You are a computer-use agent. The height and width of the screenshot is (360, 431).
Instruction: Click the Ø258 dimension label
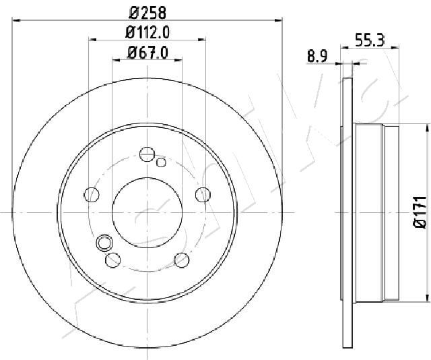147,13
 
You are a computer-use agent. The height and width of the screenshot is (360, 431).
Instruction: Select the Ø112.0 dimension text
147,32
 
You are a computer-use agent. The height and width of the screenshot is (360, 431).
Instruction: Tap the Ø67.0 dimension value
147,53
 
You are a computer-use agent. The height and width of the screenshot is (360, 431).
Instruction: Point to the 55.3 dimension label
370,40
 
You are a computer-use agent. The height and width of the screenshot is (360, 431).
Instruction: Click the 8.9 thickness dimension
317,57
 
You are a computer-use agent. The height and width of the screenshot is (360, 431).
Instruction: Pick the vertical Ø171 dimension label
420,212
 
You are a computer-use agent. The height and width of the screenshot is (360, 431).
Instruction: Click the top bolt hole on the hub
147,154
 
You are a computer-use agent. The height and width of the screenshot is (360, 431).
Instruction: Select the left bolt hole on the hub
92,195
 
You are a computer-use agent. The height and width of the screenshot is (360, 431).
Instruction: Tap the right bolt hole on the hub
203,195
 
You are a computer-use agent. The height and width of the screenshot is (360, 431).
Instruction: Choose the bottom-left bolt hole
113,260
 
